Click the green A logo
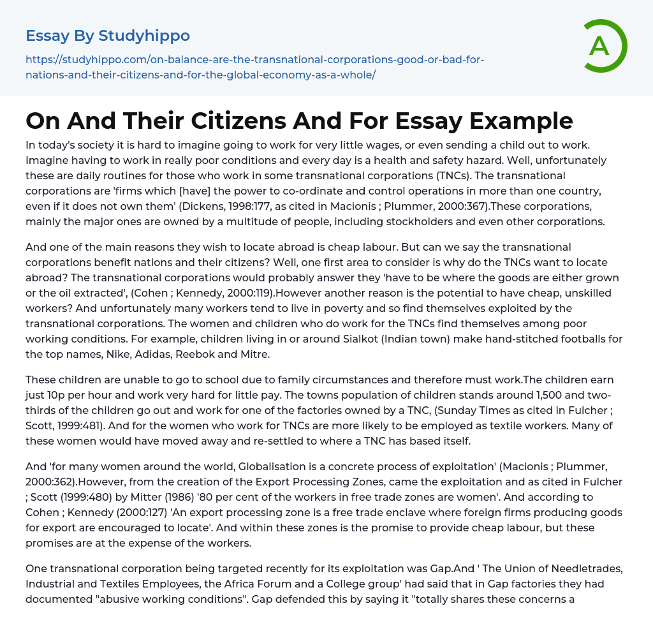click(601, 45)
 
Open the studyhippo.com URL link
click(255, 67)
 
